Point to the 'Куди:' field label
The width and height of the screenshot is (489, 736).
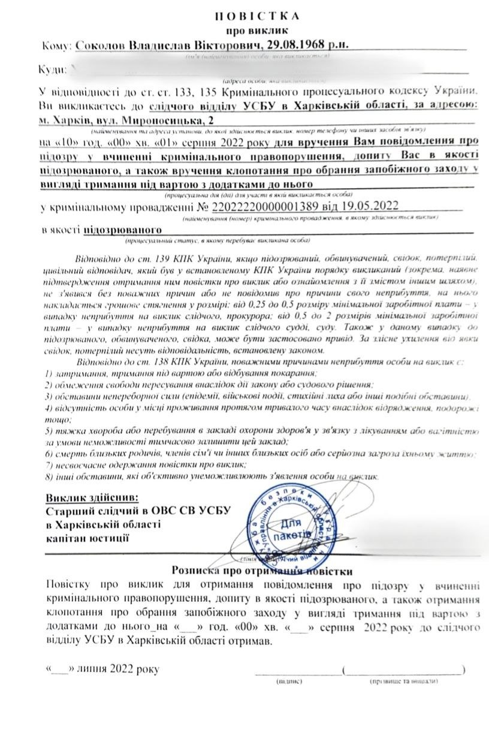click(52, 70)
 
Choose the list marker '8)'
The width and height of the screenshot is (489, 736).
click(50, 477)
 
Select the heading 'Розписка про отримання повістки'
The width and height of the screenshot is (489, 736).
click(262, 572)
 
